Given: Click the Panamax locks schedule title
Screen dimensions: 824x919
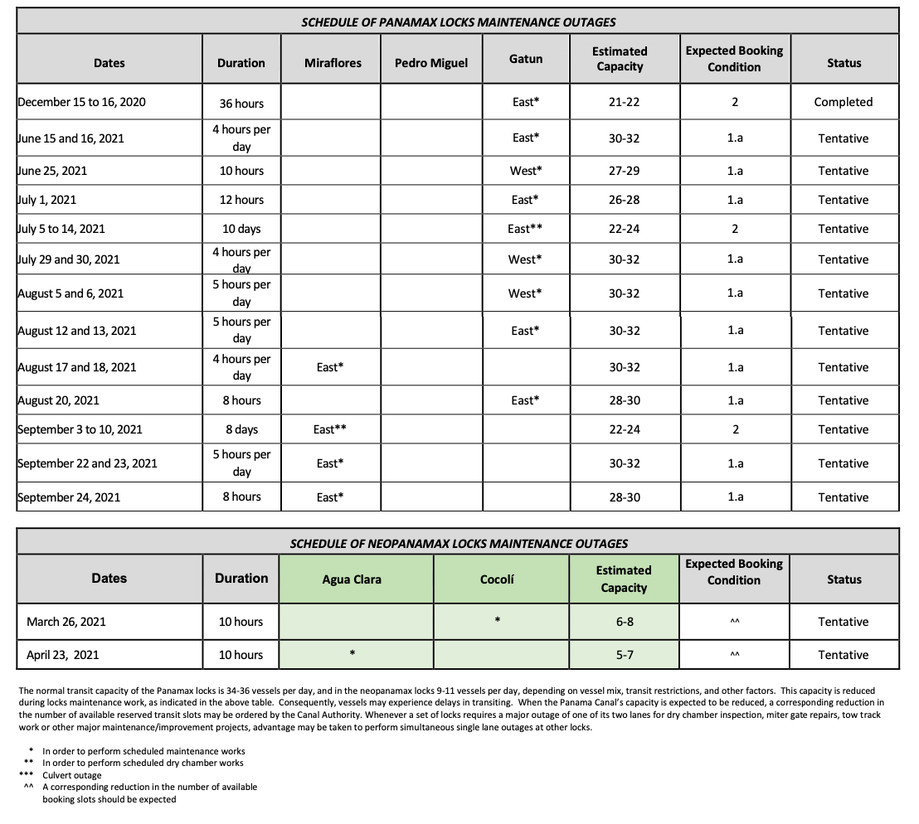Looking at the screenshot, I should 458,22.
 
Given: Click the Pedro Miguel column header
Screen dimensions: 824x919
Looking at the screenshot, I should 430,63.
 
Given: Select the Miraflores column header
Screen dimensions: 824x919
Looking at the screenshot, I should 333,63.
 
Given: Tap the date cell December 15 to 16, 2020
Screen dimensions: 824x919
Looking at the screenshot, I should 81,102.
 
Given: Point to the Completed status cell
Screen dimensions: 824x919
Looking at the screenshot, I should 843,102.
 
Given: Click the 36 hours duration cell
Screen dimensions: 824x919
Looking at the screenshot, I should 241,103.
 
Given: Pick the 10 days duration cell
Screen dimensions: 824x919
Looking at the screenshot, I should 241,229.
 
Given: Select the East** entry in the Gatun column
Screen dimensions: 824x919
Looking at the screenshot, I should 525,229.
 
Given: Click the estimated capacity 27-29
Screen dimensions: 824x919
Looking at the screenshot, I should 624,171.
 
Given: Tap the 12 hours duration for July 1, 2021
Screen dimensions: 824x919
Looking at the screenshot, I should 241,200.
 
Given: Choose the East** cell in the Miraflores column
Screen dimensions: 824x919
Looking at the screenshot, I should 329,429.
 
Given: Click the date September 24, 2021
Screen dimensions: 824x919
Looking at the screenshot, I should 69,497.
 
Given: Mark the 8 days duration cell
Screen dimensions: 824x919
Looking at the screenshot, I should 241,429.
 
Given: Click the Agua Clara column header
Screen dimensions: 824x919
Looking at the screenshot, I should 352,579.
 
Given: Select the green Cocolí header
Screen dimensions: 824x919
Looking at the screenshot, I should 497,579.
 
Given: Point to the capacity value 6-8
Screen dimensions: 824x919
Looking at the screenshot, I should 624,622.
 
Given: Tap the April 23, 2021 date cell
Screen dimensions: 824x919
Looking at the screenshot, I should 62,655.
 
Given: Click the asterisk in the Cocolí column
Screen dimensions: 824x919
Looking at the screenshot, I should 497,619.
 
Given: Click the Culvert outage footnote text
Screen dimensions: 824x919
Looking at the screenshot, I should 72,775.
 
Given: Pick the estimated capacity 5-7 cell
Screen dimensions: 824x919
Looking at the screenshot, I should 624,655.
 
